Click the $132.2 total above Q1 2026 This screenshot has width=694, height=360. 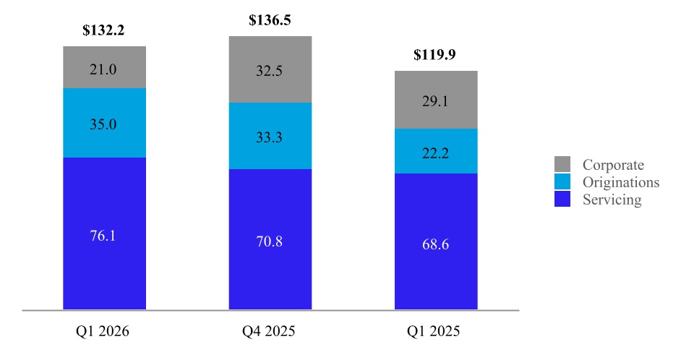(x=103, y=30)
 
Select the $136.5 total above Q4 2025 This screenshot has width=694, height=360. (x=270, y=20)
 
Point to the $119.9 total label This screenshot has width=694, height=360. (x=434, y=54)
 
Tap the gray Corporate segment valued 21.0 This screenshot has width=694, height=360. (x=104, y=67)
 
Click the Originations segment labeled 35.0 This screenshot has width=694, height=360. (x=104, y=123)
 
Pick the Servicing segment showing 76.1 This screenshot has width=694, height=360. (x=104, y=233)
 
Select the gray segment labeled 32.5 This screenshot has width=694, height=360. (x=270, y=69)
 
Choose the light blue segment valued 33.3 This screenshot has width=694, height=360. (x=270, y=136)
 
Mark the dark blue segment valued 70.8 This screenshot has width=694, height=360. (x=270, y=239)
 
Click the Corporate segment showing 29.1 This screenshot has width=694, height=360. (x=436, y=100)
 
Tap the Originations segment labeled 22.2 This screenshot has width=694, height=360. (x=436, y=151)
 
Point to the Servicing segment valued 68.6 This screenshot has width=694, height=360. (x=436, y=241)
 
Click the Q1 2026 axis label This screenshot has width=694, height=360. (x=102, y=331)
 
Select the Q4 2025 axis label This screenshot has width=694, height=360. (x=269, y=331)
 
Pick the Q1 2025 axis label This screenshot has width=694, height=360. (x=433, y=331)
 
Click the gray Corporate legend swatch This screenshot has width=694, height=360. (x=562, y=164)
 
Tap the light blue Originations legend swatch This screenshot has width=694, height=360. (x=562, y=181)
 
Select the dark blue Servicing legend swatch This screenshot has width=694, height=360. (x=562, y=199)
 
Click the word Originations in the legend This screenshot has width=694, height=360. (x=621, y=182)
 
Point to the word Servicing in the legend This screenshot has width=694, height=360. (x=612, y=200)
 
